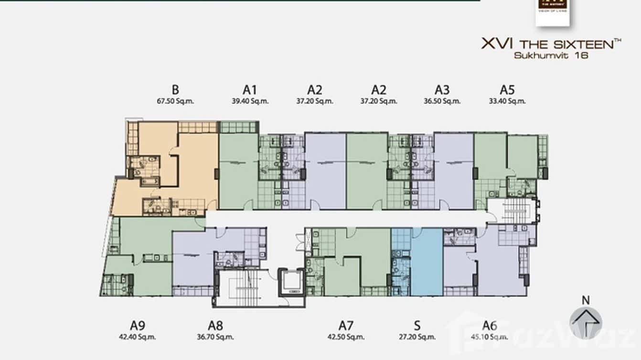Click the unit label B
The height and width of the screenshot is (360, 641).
[175, 89]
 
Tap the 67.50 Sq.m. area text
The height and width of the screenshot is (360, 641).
[175, 101]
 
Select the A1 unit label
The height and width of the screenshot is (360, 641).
[250, 89]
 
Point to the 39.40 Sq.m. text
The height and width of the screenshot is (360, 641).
[250, 101]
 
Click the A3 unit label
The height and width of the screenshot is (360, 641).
[442, 89]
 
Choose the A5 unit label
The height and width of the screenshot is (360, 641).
[507, 89]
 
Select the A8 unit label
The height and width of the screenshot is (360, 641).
[215, 326]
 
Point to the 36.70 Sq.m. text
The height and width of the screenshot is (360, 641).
[215, 337]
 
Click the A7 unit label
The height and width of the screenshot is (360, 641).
[346, 326]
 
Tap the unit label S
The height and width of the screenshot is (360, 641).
[417, 326]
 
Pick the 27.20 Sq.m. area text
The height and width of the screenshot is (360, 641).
[417, 337]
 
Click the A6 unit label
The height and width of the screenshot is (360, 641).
[490, 326]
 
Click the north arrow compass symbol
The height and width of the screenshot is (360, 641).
[586, 323]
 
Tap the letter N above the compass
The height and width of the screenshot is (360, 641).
[586, 300]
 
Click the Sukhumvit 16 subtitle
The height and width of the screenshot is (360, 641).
[551, 55]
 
